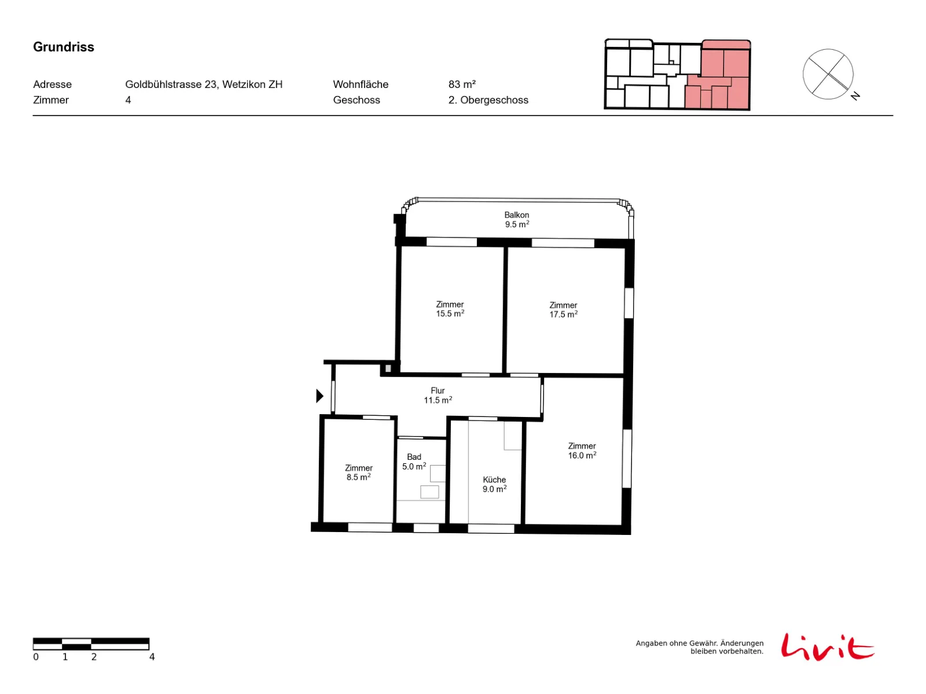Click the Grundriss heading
click(63, 47)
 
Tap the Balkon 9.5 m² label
click(516, 220)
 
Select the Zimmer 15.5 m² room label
click(450, 309)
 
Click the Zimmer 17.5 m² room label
click(563, 310)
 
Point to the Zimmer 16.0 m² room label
click(582, 451)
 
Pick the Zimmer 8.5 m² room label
click(359, 472)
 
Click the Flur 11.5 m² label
click(438, 395)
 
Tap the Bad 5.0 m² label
click(414, 462)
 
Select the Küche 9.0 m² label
click(494, 484)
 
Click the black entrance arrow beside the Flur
click(319, 396)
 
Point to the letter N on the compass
click(855, 96)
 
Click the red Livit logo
click(827, 647)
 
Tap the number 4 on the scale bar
click(152, 657)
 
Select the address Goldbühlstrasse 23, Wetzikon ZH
click(204, 84)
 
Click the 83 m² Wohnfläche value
click(462, 84)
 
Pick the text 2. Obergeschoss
click(488, 100)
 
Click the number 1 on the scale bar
click(65, 657)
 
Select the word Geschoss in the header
click(357, 100)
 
